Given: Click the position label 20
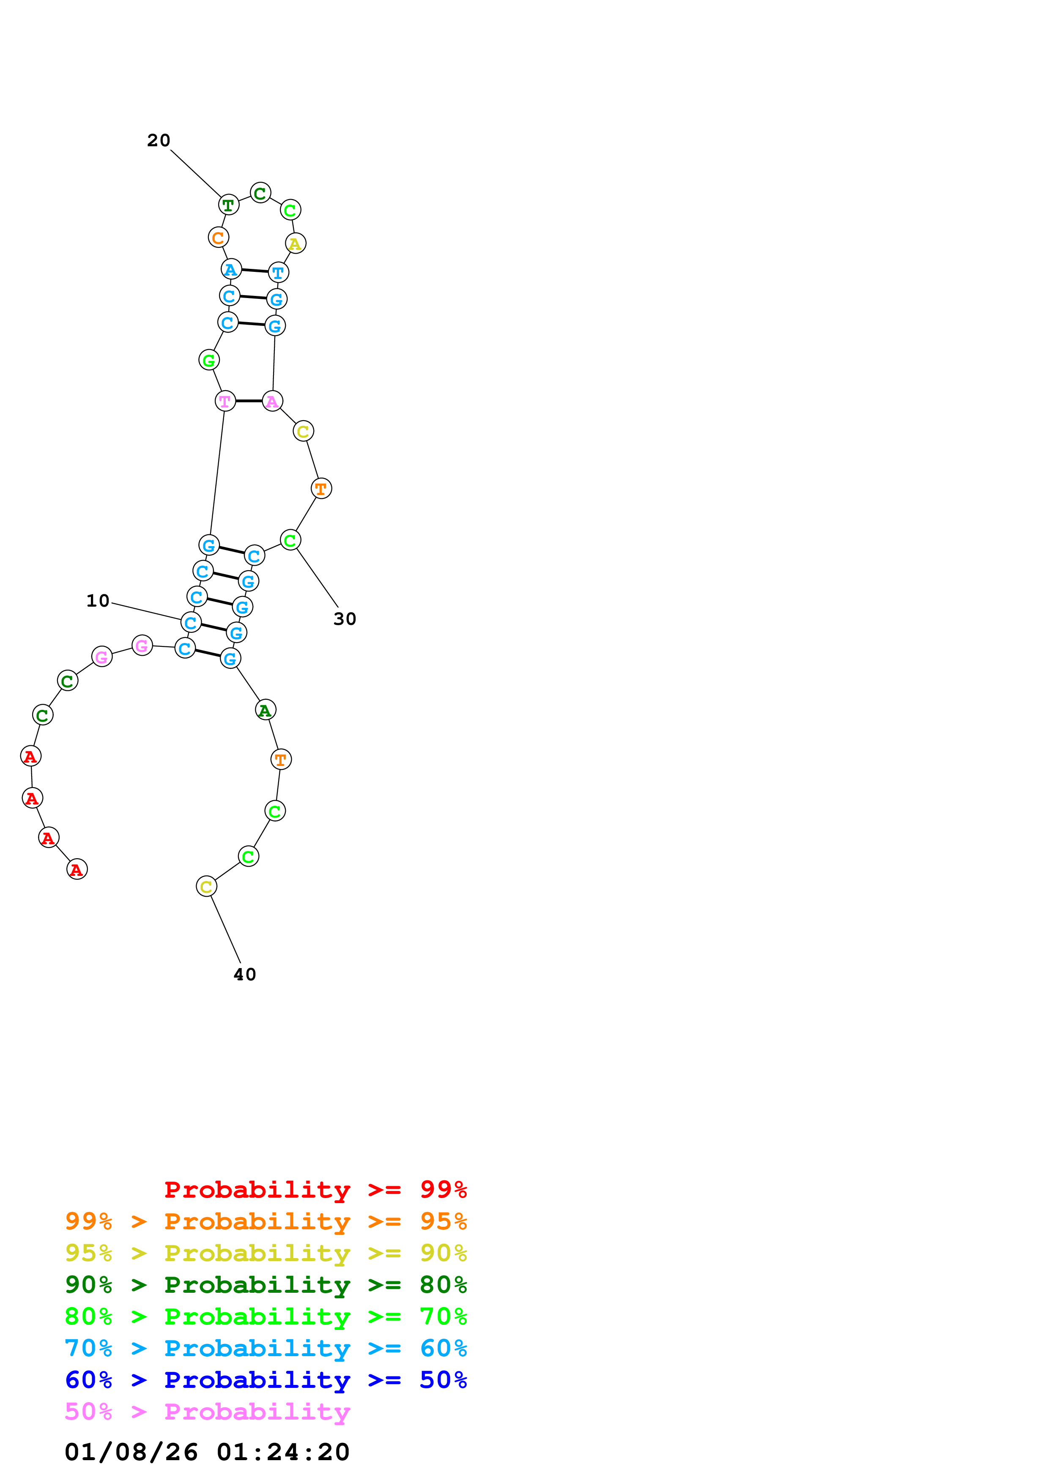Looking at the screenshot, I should tap(158, 141).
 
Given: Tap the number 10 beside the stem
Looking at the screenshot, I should tap(98, 601).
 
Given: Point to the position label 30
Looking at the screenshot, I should tap(345, 619).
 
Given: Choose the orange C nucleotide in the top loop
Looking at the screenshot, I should tap(218, 238).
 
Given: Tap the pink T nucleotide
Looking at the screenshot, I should tap(225, 402).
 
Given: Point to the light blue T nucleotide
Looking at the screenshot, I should tap(278, 273).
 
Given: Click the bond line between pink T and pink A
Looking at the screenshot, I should tap(249, 401).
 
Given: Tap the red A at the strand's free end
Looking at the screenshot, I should tap(77, 870).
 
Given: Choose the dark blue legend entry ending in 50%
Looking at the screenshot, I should tap(265, 1380).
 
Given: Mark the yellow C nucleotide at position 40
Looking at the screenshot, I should tap(206, 887).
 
